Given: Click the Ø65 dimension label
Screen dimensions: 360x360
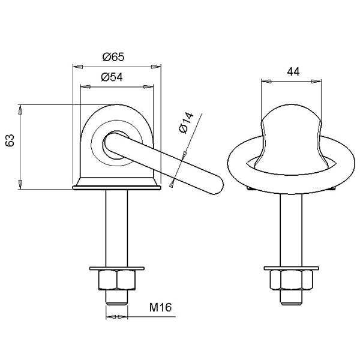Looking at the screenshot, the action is pyautogui.click(x=113, y=57).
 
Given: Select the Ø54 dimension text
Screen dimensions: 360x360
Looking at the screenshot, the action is pyautogui.click(x=112, y=77).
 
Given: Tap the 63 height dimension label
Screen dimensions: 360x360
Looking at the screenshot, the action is pyautogui.click(x=10, y=140).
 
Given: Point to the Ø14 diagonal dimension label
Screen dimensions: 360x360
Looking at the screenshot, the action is pyautogui.click(x=187, y=122).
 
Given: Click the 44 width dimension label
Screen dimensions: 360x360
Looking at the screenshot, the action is pyautogui.click(x=293, y=72).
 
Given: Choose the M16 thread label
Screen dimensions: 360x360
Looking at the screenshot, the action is pyautogui.click(x=160, y=307).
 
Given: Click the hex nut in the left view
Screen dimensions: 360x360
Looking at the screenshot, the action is pyautogui.click(x=117, y=280).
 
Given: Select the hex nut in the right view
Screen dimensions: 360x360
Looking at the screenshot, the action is pyautogui.click(x=292, y=280).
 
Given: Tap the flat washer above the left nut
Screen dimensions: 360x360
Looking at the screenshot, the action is pyautogui.click(x=117, y=268).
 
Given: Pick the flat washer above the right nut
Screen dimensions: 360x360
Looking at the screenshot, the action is pyautogui.click(x=292, y=268).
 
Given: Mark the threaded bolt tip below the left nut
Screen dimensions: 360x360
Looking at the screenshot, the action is pyautogui.click(x=116, y=298).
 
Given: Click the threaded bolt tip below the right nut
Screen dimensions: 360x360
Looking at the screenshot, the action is pyautogui.click(x=291, y=298).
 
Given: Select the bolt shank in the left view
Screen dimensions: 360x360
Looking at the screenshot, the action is pyautogui.click(x=116, y=229).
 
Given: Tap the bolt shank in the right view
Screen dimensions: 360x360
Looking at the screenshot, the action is pyautogui.click(x=291, y=230).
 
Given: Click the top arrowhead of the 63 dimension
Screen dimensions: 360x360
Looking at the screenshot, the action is pyautogui.click(x=20, y=110).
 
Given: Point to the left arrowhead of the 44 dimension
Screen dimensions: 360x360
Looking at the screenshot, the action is pyautogui.click(x=266, y=81).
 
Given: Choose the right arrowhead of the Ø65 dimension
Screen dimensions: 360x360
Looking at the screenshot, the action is pyautogui.click(x=156, y=67).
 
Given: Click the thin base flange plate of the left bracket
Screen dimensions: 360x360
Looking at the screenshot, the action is pyautogui.click(x=116, y=188).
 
